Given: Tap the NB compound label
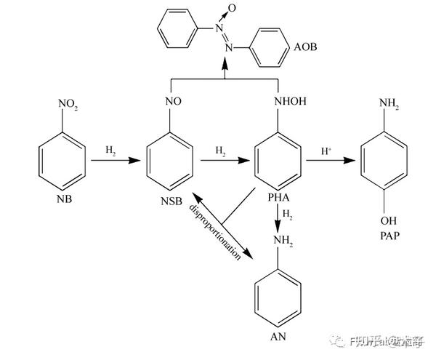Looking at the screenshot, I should pos(62,196).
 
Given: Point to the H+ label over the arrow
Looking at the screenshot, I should pos(327,151).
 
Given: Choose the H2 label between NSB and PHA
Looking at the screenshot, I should pos(220,151).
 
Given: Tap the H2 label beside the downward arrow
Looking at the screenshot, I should pos(288,216).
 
